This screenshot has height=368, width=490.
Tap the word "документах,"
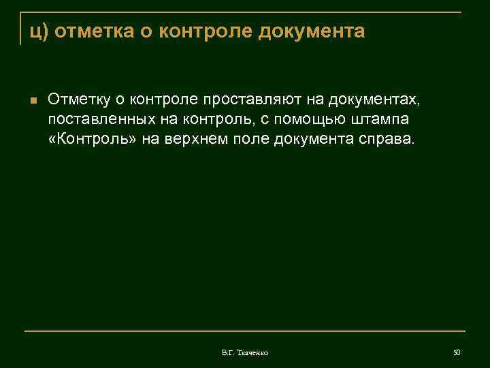[x=375, y=100]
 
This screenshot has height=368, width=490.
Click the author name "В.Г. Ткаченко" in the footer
[x=245, y=352]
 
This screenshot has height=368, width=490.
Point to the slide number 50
[x=457, y=352]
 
